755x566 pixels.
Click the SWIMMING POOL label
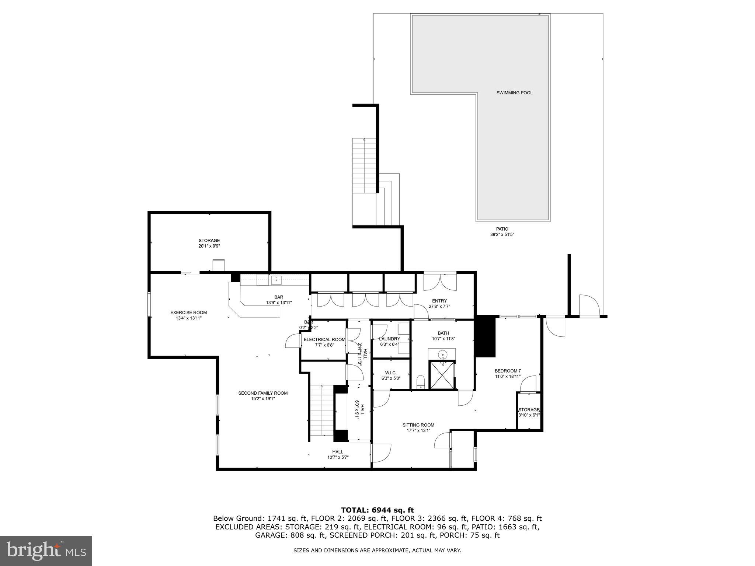pyautogui.click(x=514, y=93)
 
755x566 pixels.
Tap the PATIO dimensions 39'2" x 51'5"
pyautogui.click(x=502, y=234)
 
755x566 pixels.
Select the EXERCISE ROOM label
pyautogui.click(x=188, y=312)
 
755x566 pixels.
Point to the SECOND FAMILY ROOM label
pyautogui.click(x=262, y=393)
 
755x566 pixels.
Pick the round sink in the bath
pyautogui.click(x=442, y=355)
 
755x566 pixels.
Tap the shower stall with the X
pyautogui.click(x=442, y=375)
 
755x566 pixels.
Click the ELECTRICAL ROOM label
pyautogui.click(x=324, y=339)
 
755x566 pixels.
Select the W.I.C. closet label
pyautogui.click(x=391, y=373)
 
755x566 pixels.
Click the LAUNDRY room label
pyautogui.click(x=390, y=339)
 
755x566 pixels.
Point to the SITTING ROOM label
pyautogui.click(x=418, y=425)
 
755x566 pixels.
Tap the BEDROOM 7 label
pyautogui.click(x=508, y=371)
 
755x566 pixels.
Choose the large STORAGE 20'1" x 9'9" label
pyautogui.click(x=209, y=241)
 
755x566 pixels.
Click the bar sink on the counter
pyautogui.click(x=276, y=280)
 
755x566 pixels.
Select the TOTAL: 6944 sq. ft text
pyautogui.click(x=377, y=510)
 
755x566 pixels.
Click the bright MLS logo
pyautogui.click(x=46, y=551)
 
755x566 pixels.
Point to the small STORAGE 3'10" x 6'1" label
pyautogui.click(x=529, y=410)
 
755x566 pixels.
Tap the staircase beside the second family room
pyautogui.click(x=321, y=410)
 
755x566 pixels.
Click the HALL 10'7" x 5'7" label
pyautogui.click(x=337, y=452)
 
